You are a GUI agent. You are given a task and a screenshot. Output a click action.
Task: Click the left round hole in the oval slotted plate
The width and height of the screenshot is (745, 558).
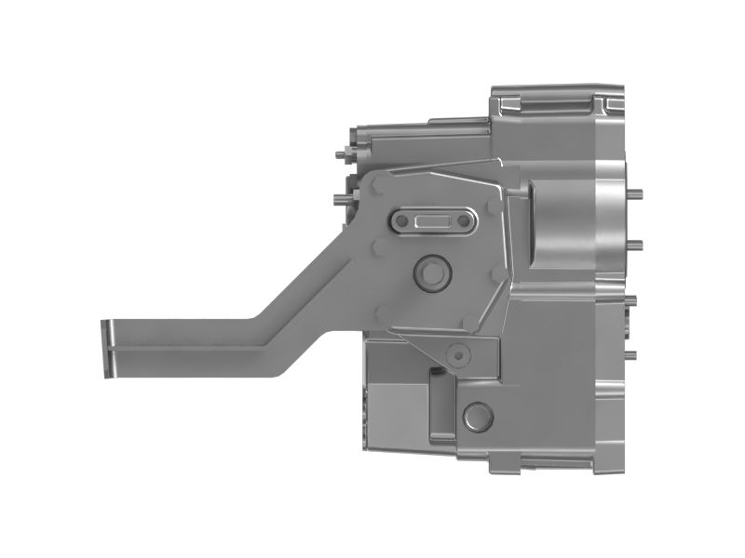401,221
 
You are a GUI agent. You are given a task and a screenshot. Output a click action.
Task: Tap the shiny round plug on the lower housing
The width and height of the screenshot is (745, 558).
478,415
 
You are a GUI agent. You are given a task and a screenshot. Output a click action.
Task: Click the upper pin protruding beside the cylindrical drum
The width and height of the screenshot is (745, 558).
637,193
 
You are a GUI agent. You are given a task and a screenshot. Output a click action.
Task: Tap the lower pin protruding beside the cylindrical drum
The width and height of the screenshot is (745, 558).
637,244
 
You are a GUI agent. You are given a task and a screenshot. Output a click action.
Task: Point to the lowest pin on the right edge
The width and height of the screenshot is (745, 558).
633,354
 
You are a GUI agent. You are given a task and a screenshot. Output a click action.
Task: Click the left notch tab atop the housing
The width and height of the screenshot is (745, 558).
508,92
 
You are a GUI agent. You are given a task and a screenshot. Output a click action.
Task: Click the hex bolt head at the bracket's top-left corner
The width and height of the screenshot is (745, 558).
378,186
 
